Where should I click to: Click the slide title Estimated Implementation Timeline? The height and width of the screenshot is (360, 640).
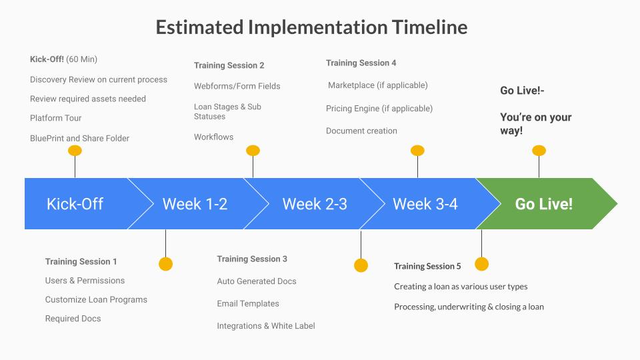coord(311,27)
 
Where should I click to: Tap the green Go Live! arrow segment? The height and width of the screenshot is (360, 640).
coord(543,204)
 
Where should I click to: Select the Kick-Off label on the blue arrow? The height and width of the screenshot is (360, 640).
coord(75,204)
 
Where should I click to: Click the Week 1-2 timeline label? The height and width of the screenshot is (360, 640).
coord(195,204)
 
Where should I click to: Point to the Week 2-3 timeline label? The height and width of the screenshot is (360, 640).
coord(315,204)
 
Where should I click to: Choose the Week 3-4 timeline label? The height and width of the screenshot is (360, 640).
coord(425,204)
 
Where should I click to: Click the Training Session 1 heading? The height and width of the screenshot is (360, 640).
coord(81,262)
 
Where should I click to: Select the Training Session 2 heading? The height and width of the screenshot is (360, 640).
coord(229,65)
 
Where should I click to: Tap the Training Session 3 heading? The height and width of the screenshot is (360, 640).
coord(252,259)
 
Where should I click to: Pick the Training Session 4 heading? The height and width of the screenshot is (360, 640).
coord(361,63)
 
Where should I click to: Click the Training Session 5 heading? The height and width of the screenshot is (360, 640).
coord(427,266)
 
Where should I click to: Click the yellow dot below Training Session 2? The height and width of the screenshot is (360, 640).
coord(253,151)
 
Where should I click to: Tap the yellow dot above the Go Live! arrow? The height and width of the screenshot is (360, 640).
coord(539,151)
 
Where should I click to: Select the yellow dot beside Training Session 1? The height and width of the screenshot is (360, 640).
coord(165,264)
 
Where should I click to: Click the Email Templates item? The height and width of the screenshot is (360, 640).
coord(248,303)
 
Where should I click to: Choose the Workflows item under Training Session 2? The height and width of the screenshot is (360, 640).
coord(213,137)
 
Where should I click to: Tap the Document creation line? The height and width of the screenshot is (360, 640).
coord(361,131)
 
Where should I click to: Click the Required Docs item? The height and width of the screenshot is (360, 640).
coord(73,319)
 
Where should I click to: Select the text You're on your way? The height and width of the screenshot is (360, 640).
coord(535,123)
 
